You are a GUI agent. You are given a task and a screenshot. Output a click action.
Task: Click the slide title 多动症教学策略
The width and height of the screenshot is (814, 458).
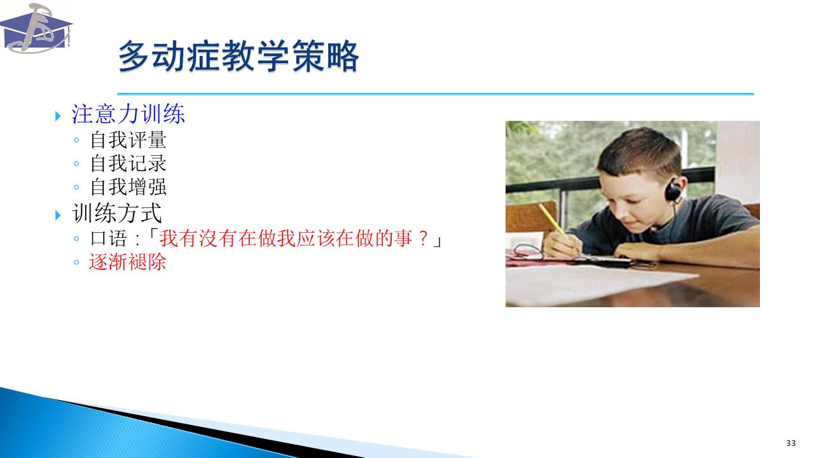click(x=238, y=56)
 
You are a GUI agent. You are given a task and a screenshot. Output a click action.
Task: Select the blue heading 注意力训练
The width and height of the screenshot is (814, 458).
click(x=128, y=114)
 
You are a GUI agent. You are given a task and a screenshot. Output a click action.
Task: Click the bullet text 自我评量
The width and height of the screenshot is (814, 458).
click(x=128, y=140)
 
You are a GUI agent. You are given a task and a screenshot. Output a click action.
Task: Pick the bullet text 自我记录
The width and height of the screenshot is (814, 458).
click(x=128, y=163)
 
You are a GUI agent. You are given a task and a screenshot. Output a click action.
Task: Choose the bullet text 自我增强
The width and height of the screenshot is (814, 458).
click(x=128, y=187)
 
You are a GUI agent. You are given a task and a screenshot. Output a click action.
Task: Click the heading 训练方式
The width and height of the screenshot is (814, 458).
click(x=116, y=213)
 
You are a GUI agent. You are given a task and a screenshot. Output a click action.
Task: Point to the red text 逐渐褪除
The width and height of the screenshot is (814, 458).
click(x=128, y=262)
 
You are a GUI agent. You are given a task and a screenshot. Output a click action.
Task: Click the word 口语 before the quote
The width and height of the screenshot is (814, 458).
click(x=109, y=239)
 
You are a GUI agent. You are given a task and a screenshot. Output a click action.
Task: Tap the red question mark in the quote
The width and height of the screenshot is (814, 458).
click(x=423, y=239)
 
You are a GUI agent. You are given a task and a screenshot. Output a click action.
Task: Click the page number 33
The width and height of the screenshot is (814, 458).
click(x=791, y=443)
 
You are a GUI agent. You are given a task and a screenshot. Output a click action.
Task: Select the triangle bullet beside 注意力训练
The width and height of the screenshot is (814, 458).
click(x=58, y=116)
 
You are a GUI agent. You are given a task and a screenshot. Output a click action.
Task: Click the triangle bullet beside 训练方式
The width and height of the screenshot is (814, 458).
click(x=58, y=215)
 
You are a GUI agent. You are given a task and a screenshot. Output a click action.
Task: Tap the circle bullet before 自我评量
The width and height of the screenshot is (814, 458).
click(x=76, y=140)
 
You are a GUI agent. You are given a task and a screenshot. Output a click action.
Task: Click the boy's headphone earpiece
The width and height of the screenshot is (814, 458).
click(x=673, y=190)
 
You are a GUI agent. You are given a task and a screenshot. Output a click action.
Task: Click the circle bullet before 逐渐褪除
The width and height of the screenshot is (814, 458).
click(x=76, y=262)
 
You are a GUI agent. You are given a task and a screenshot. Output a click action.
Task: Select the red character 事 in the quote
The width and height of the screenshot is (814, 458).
click(x=404, y=239)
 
